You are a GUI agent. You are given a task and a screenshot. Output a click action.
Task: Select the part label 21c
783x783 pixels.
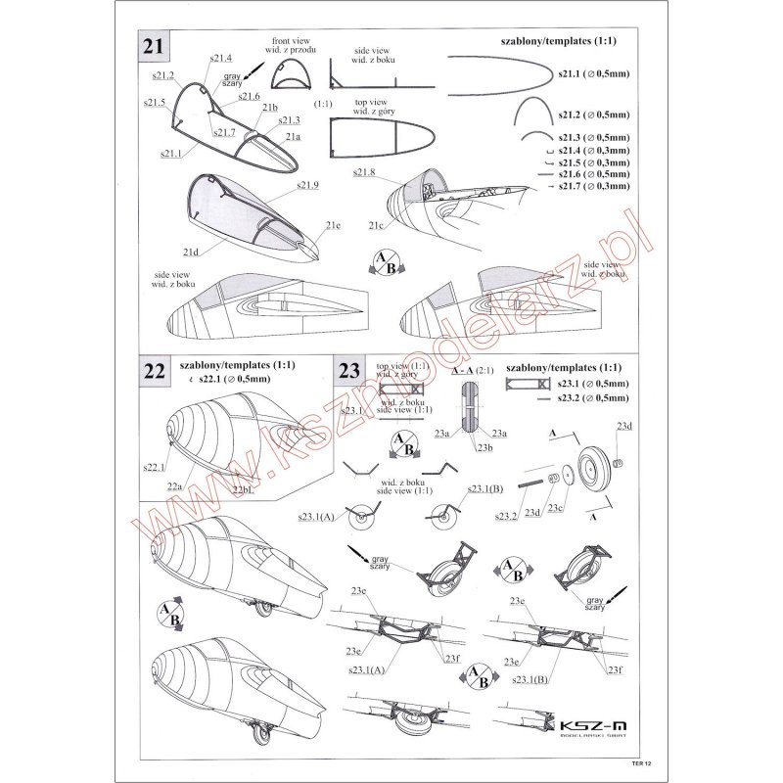point(376,226)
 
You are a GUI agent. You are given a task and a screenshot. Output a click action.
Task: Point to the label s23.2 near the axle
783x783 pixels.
point(506,515)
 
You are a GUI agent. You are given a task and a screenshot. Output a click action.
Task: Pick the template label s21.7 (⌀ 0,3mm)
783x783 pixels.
point(593,185)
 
